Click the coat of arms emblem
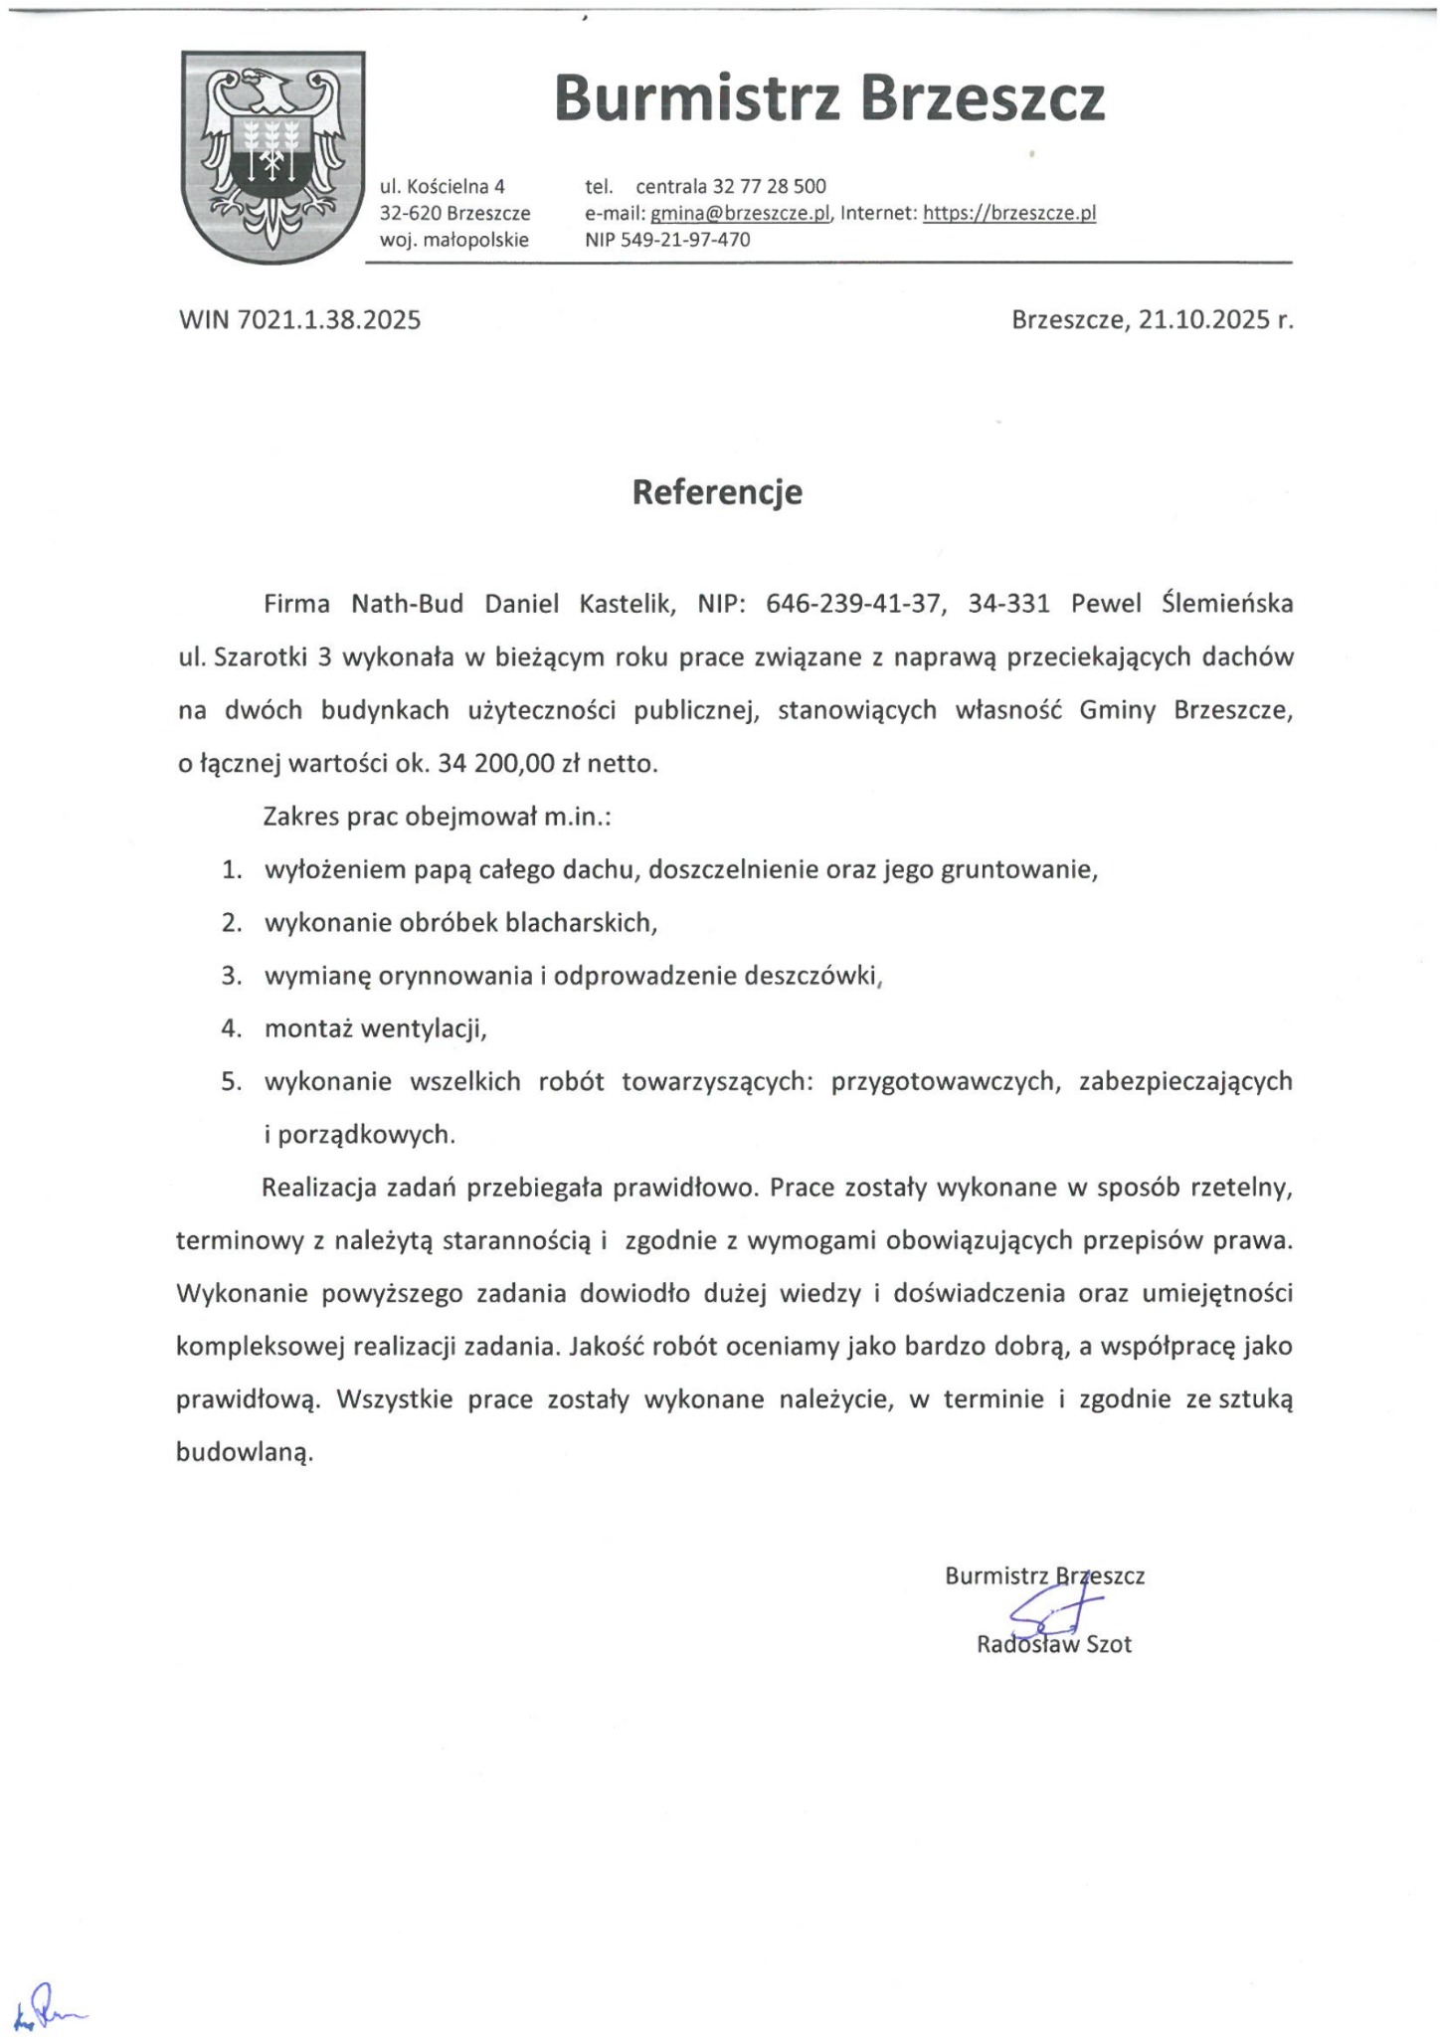[x=272, y=156]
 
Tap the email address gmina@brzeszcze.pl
[x=740, y=213]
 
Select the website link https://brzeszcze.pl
[x=1009, y=213]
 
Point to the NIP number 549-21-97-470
[x=685, y=240]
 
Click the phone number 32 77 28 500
[x=767, y=186]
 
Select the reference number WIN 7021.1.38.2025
[x=299, y=320]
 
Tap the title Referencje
[x=717, y=492]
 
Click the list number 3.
[x=232, y=976]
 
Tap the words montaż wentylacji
[x=375, y=1028]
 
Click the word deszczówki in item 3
[x=813, y=976]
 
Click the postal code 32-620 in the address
[x=411, y=213]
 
